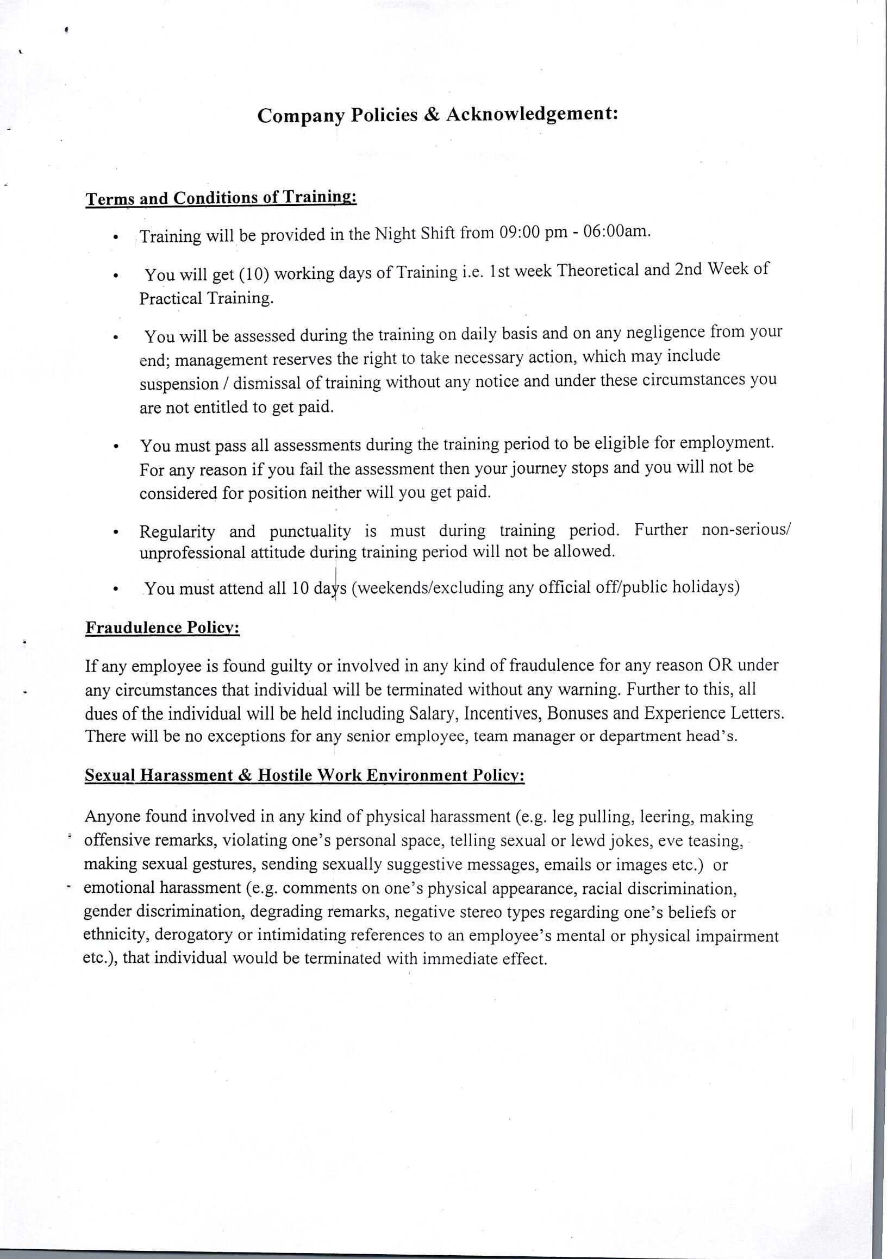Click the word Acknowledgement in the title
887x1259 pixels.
tap(532, 114)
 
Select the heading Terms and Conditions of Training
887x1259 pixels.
tap(221, 198)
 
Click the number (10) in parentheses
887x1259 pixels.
tap(254, 273)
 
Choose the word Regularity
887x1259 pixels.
tap(177, 531)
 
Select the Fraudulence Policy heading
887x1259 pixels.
tap(163, 627)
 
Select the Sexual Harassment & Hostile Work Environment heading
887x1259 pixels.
tap(304, 775)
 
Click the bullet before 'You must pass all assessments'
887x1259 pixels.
tap(115, 446)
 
